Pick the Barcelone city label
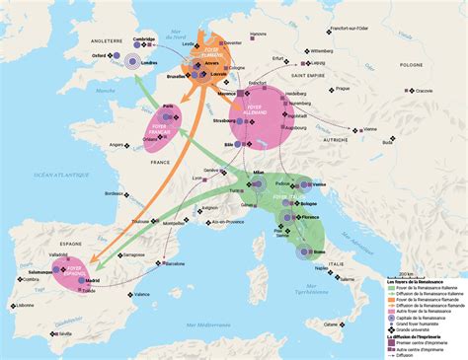(x=175, y=264)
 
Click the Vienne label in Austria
(x=370, y=129)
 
